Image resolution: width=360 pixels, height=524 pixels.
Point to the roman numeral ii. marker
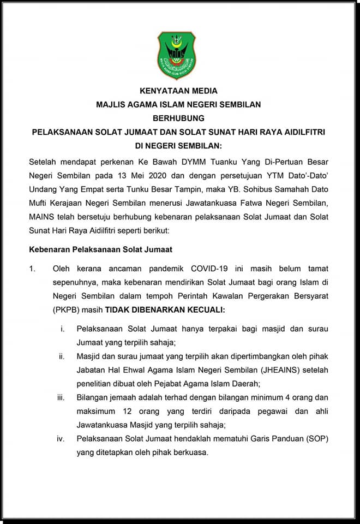tap(62, 356)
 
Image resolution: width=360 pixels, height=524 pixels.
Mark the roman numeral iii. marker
tap(61, 397)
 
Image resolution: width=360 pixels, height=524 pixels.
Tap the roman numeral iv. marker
tap(62, 438)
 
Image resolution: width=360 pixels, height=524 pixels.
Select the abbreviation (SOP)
tap(316, 438)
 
